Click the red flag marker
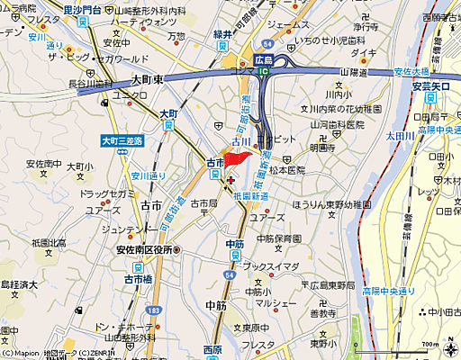tap(237, 158)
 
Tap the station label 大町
tap(168, 114)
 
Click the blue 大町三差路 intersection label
tap(122, 139)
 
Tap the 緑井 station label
tap(223, 34)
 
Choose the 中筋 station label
tap(235, 244)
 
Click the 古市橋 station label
tap(140, 279)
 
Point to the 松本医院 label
tap(288, 169)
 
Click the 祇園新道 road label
tap(248, 196)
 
